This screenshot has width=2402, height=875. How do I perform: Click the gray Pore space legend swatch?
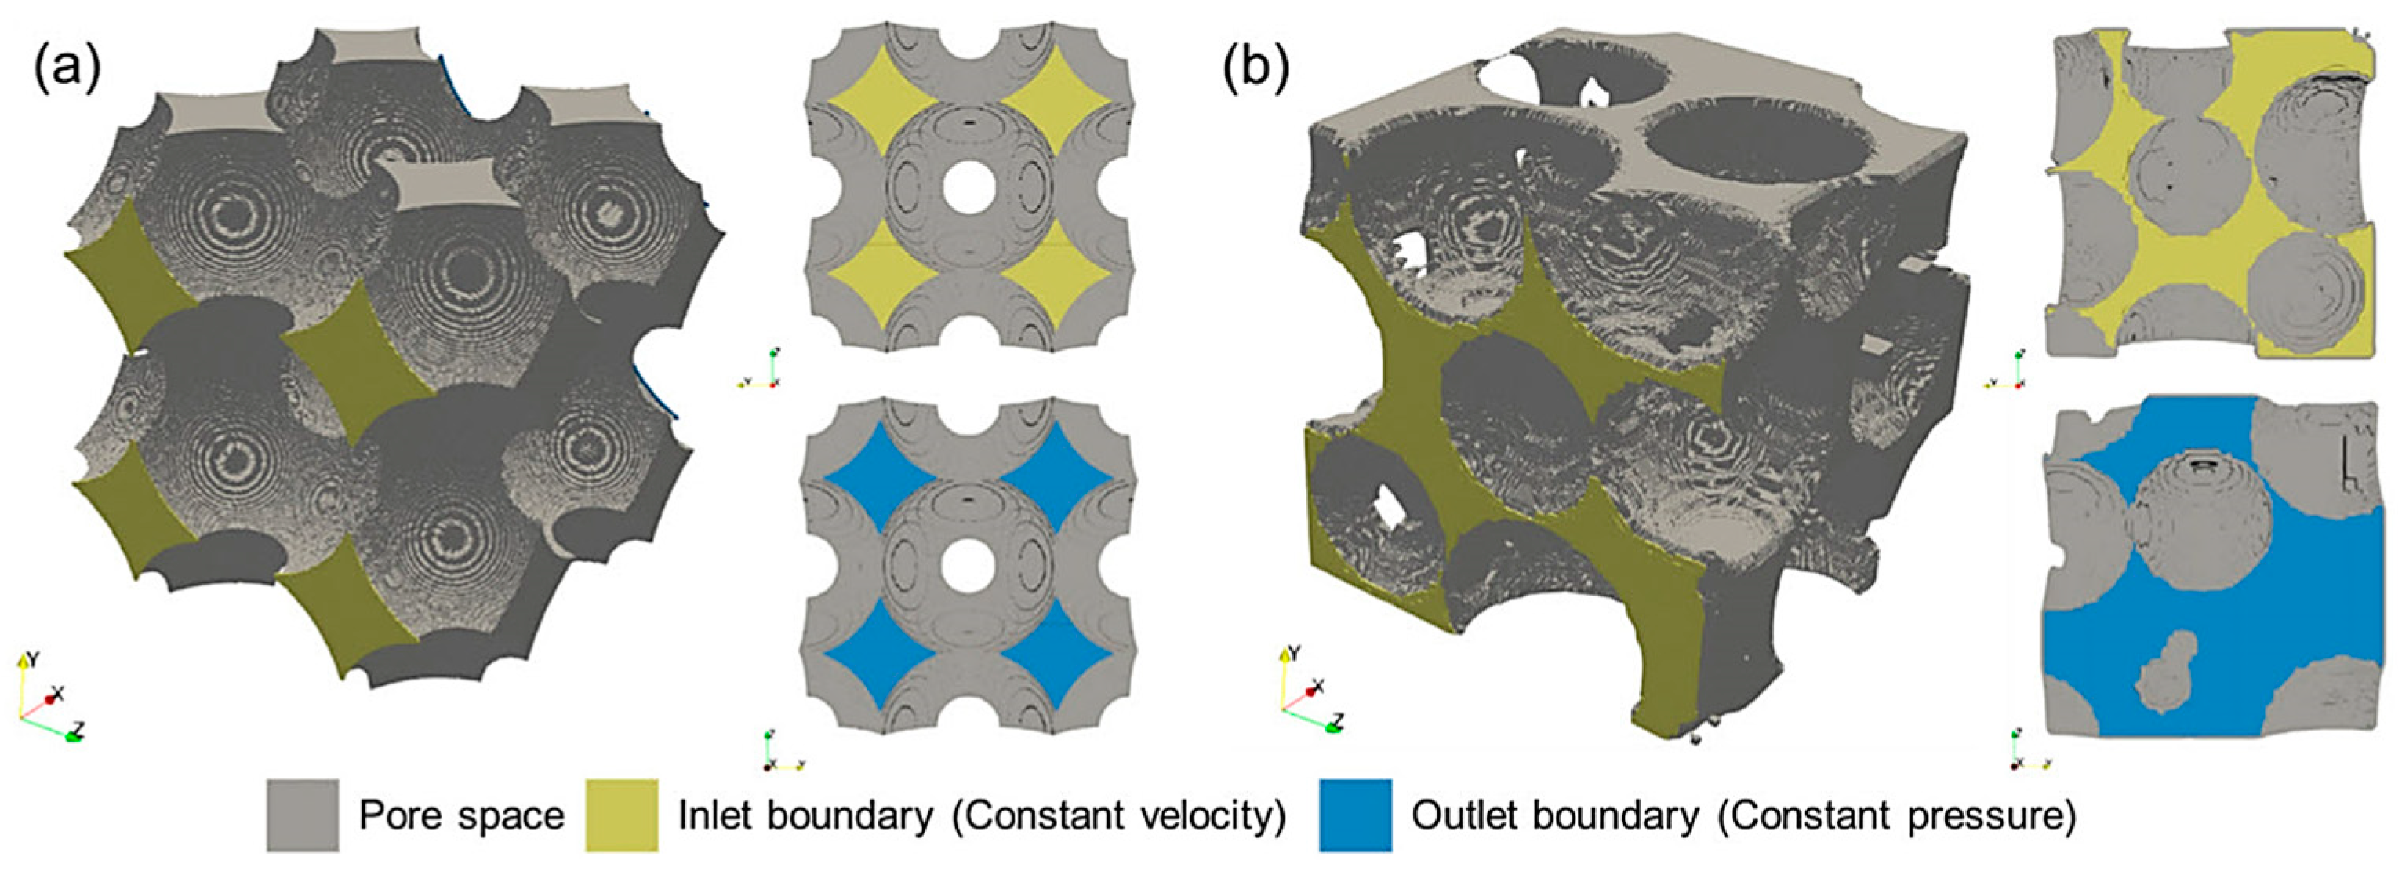coord(302,815)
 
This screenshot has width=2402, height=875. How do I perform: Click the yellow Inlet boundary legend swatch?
coord(621,815)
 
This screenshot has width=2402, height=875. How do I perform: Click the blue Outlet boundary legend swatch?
coord(1355,815)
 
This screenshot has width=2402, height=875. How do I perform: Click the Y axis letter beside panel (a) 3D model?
coord(34,659)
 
